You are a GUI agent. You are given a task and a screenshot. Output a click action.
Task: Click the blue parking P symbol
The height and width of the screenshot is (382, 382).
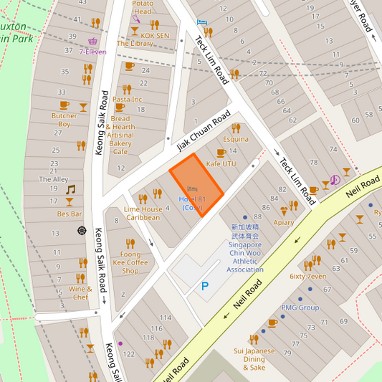[204, 287]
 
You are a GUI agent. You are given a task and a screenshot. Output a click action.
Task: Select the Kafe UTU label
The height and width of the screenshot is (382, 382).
[221, 164]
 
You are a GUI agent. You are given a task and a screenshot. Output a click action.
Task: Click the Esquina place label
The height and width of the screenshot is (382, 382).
[235, 139]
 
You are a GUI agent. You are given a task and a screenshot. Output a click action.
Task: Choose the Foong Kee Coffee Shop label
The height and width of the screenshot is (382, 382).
[130, 262]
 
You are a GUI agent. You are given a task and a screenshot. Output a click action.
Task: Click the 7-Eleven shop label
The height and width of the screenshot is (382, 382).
[92, 52]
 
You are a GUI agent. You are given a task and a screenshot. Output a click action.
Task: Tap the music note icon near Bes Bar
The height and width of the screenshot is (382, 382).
[70, 190]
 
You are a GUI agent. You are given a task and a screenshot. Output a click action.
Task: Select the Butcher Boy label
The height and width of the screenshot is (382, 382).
[64, 120]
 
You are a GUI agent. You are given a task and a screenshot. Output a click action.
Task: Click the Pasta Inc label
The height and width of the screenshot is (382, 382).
[127, 99]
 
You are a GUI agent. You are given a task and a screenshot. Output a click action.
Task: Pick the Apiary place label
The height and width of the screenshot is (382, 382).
[284, 222]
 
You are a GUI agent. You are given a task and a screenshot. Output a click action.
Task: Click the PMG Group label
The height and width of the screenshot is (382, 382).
[300, 307]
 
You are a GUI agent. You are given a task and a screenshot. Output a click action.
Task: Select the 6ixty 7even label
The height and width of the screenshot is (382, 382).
[307, 275]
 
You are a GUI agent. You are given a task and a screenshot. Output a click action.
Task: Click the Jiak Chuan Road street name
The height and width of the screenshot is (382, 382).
[204, 130]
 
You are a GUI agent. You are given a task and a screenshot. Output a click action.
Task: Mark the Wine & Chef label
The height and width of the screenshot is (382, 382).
[80, 292]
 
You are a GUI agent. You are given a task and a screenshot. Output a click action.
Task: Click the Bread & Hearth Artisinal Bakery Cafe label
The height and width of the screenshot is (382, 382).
[120, 135]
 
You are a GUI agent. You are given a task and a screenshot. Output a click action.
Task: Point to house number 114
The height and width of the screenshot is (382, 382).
[166, 317]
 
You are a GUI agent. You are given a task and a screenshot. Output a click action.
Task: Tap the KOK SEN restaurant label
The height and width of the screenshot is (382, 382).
[156, 34]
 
